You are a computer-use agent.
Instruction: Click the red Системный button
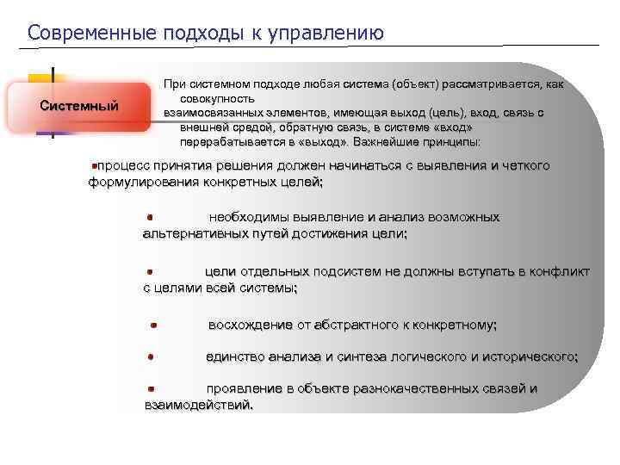point(79,106)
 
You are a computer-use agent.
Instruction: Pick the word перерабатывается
point(230,140)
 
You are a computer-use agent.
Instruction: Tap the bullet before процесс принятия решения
point(93,164)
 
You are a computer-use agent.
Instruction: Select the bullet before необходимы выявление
point(149,218)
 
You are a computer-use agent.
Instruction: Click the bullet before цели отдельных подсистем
point(149,271)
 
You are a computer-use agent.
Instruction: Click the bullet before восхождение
point(152,325)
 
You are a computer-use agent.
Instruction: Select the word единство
point(233,356)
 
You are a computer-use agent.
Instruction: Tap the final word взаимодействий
point(199,404)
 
